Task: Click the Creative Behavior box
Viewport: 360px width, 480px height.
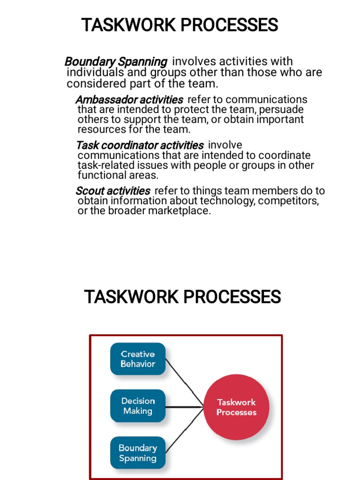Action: (138, 359)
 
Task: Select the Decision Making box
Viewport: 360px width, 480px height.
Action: (138, 406)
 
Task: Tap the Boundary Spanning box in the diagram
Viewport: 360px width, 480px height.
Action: (138, 453)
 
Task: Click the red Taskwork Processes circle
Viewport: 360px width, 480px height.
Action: (236, 407)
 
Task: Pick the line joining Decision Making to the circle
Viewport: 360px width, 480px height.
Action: (185, 406)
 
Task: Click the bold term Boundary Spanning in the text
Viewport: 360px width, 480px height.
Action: (116, 61)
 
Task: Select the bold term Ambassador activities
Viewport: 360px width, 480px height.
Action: (129, 100)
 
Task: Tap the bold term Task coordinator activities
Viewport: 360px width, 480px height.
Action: (140, 145)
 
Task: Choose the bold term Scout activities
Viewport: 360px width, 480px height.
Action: (113, 191)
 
